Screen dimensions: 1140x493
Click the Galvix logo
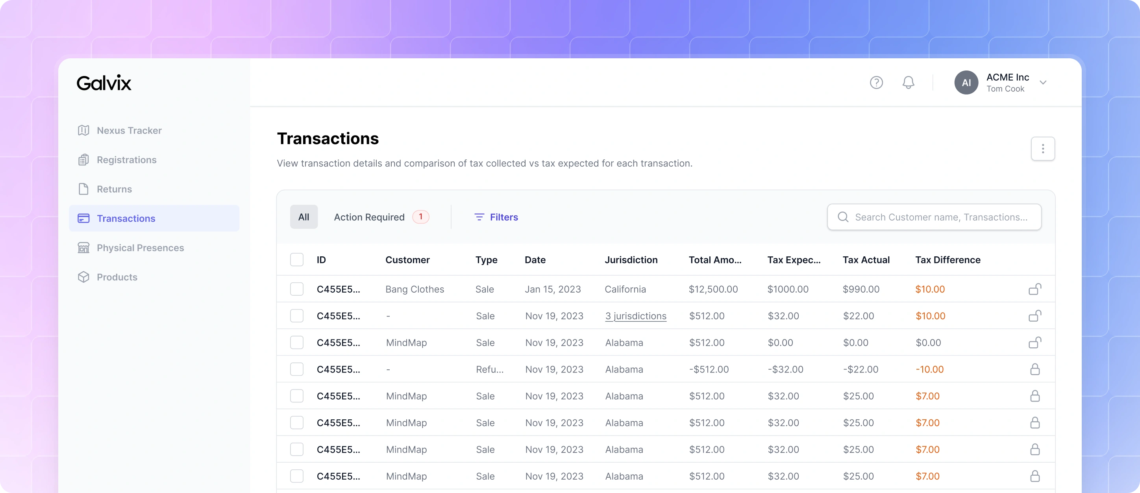tap(104, 83)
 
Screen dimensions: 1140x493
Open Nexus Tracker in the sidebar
tap(120, 131)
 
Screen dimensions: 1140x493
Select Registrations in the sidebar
tap(117, 160)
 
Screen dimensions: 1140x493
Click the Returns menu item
tap(105, 189)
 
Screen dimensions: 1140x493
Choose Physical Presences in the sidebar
tap(131, 248)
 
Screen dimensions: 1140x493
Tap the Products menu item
tap(107, 277)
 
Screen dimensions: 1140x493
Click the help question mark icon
tap(876, 83)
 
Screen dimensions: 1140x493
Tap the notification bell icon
tap(908, 83)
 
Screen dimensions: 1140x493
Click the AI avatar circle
tap(966, 83)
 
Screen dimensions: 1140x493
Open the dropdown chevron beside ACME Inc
tap(1043, 83)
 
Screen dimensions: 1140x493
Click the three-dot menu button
tap(1043, 149)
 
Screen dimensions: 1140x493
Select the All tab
tap(304, 217)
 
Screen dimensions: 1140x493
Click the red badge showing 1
tap(420, 217)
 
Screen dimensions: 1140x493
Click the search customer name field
tap(934, 217)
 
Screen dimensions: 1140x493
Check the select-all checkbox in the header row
tap(296, 260)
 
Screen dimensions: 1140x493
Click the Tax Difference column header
tap(948, 260)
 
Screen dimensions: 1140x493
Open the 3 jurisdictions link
tap(635, 316)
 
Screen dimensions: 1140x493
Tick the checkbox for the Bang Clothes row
tap(296, 289)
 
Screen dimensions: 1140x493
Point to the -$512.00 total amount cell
tap(709, 369)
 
